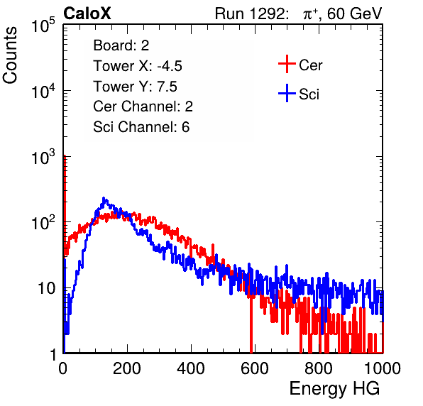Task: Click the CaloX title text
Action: (x=87, y=13)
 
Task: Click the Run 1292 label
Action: (x=250, y=13)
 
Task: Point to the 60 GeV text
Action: (x=354, y=13)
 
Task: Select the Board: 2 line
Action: (x=121, y=45)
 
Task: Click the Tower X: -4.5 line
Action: (x=138, y=66)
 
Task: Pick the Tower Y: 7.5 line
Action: (x=135, y=87)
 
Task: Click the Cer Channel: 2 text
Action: (x=143, y=106)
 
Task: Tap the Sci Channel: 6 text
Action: (x=141, y=127)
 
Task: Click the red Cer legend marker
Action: (x=287, y=64)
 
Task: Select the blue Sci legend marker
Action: (x=287, y=94)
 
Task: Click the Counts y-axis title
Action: (x=10, y=55)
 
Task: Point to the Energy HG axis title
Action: (x=334, y=389)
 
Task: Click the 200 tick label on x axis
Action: (x=127, y=368)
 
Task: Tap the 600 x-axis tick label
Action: (x=255, y=368)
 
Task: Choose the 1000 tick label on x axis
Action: (x=383, y=368)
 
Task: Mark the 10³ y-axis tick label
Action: (x=43, y=157)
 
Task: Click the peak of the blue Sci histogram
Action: (x=104, y=198)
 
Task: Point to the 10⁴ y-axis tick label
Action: (x=43, y=91)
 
